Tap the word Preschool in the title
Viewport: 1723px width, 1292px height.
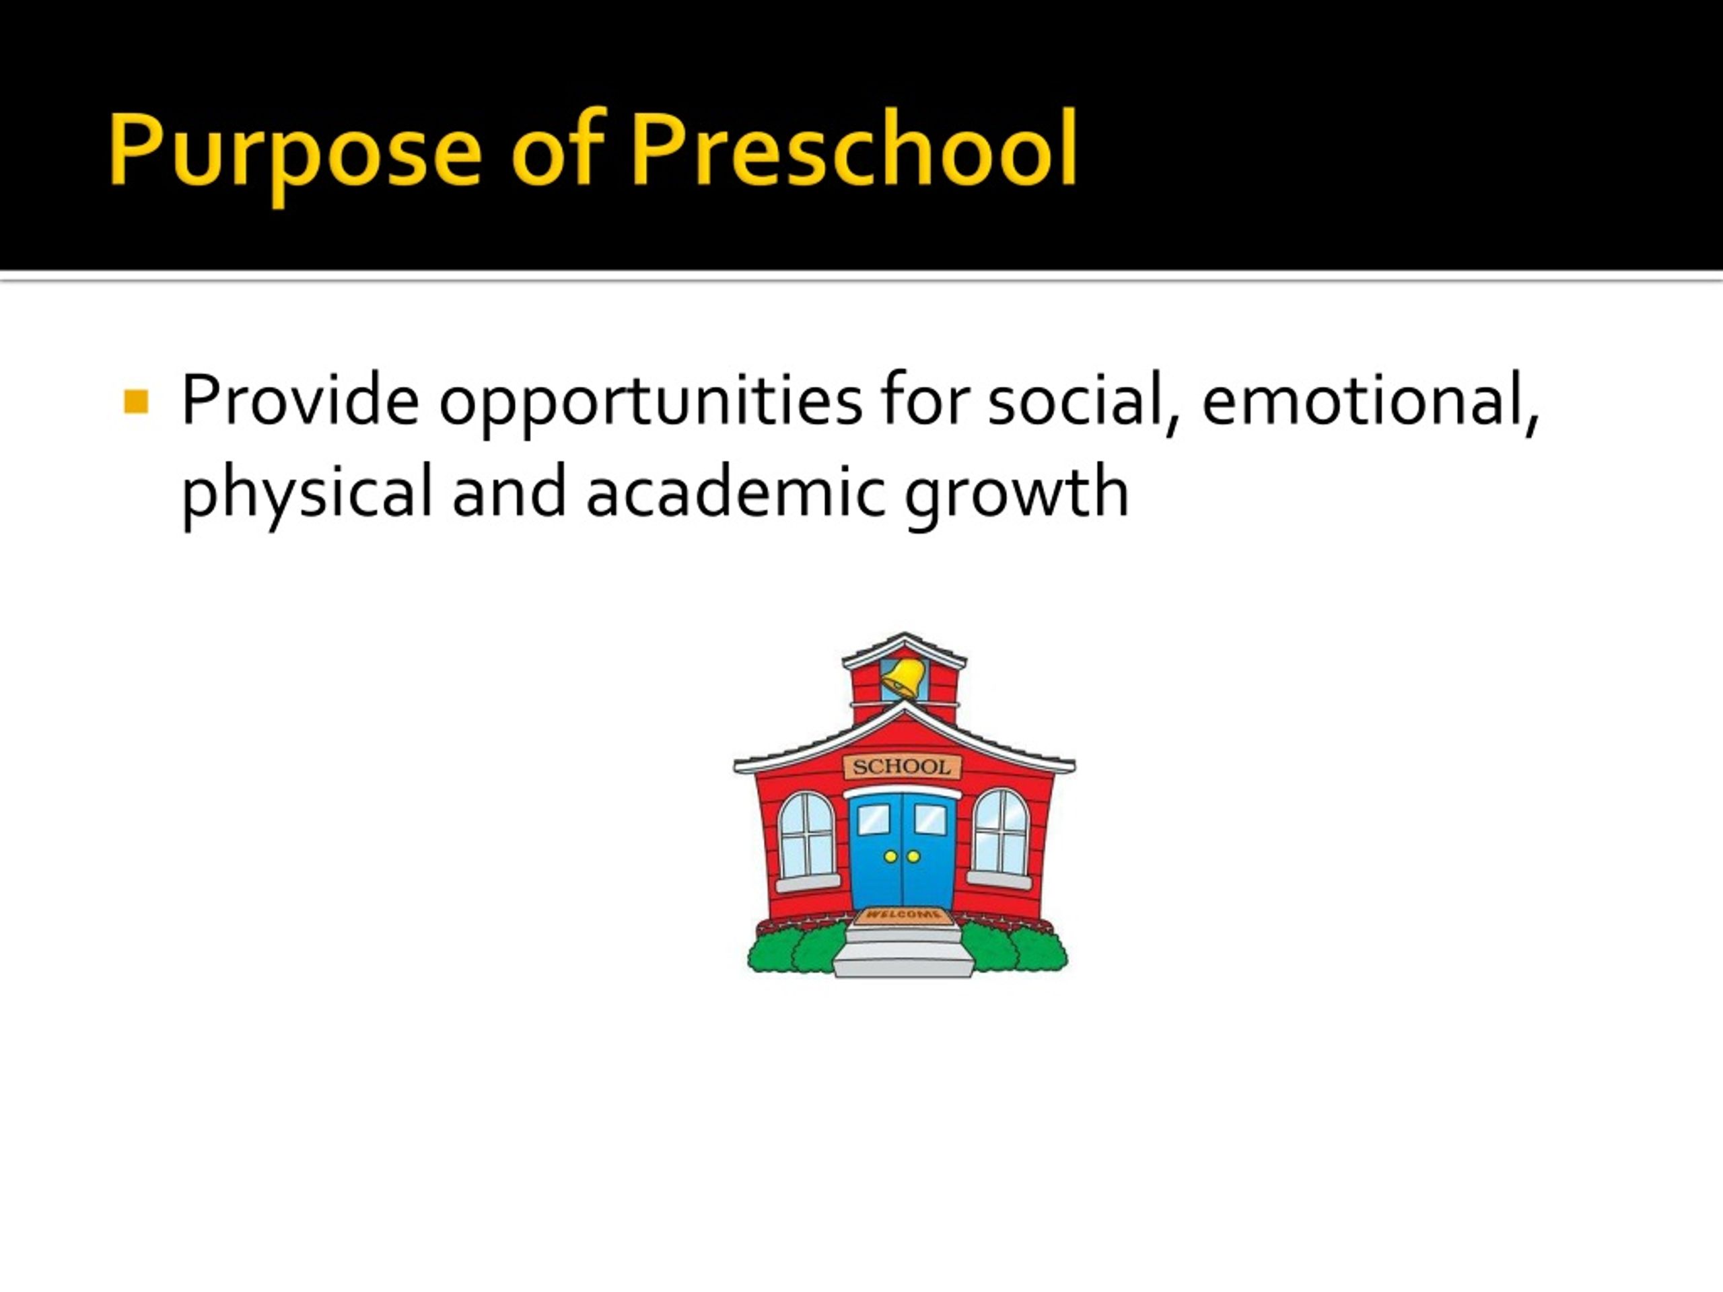[853, 148]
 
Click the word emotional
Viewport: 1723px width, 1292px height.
[1370, 402]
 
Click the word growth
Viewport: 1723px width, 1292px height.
[1017, 496]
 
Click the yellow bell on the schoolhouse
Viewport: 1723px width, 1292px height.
[903, 676]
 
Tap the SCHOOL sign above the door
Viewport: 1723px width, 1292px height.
[902, 766]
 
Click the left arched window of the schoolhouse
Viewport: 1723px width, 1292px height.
[807, 836]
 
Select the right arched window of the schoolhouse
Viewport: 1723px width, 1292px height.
[1001, 833]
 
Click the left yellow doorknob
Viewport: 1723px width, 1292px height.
[890, 857]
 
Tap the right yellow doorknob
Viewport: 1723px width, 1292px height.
[914, 857]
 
